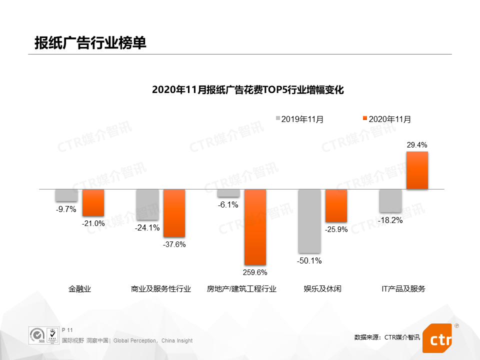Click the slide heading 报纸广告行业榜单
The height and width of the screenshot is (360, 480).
click(90, 43)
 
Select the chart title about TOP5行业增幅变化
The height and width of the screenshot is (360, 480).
click(248, 90)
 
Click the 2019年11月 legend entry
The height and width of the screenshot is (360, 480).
click(299, 119)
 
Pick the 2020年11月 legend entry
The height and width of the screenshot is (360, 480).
click(387, 119)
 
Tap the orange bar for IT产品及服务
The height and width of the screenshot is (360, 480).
click(417, 170)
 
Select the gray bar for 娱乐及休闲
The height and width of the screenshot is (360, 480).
click(309, 220)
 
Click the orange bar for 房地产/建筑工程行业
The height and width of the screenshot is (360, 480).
click(255, 226)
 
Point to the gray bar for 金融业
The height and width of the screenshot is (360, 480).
click(66, 195)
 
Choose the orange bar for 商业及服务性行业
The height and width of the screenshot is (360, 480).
click(174, 213)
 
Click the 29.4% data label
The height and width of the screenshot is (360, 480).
click(417, 145)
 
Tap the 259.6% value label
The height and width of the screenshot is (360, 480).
click(255, 272)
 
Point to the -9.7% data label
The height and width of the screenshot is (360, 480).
click(66, 209)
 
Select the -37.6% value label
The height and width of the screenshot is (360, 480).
click(174, 244)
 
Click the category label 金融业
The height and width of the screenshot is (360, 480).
click(80, 289)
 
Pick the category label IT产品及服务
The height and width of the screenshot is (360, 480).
click(403, 289)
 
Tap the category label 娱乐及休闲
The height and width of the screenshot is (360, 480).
click(322, 289)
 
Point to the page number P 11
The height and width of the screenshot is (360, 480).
click(67, 330)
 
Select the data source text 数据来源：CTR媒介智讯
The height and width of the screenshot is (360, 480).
click(387, 337)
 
